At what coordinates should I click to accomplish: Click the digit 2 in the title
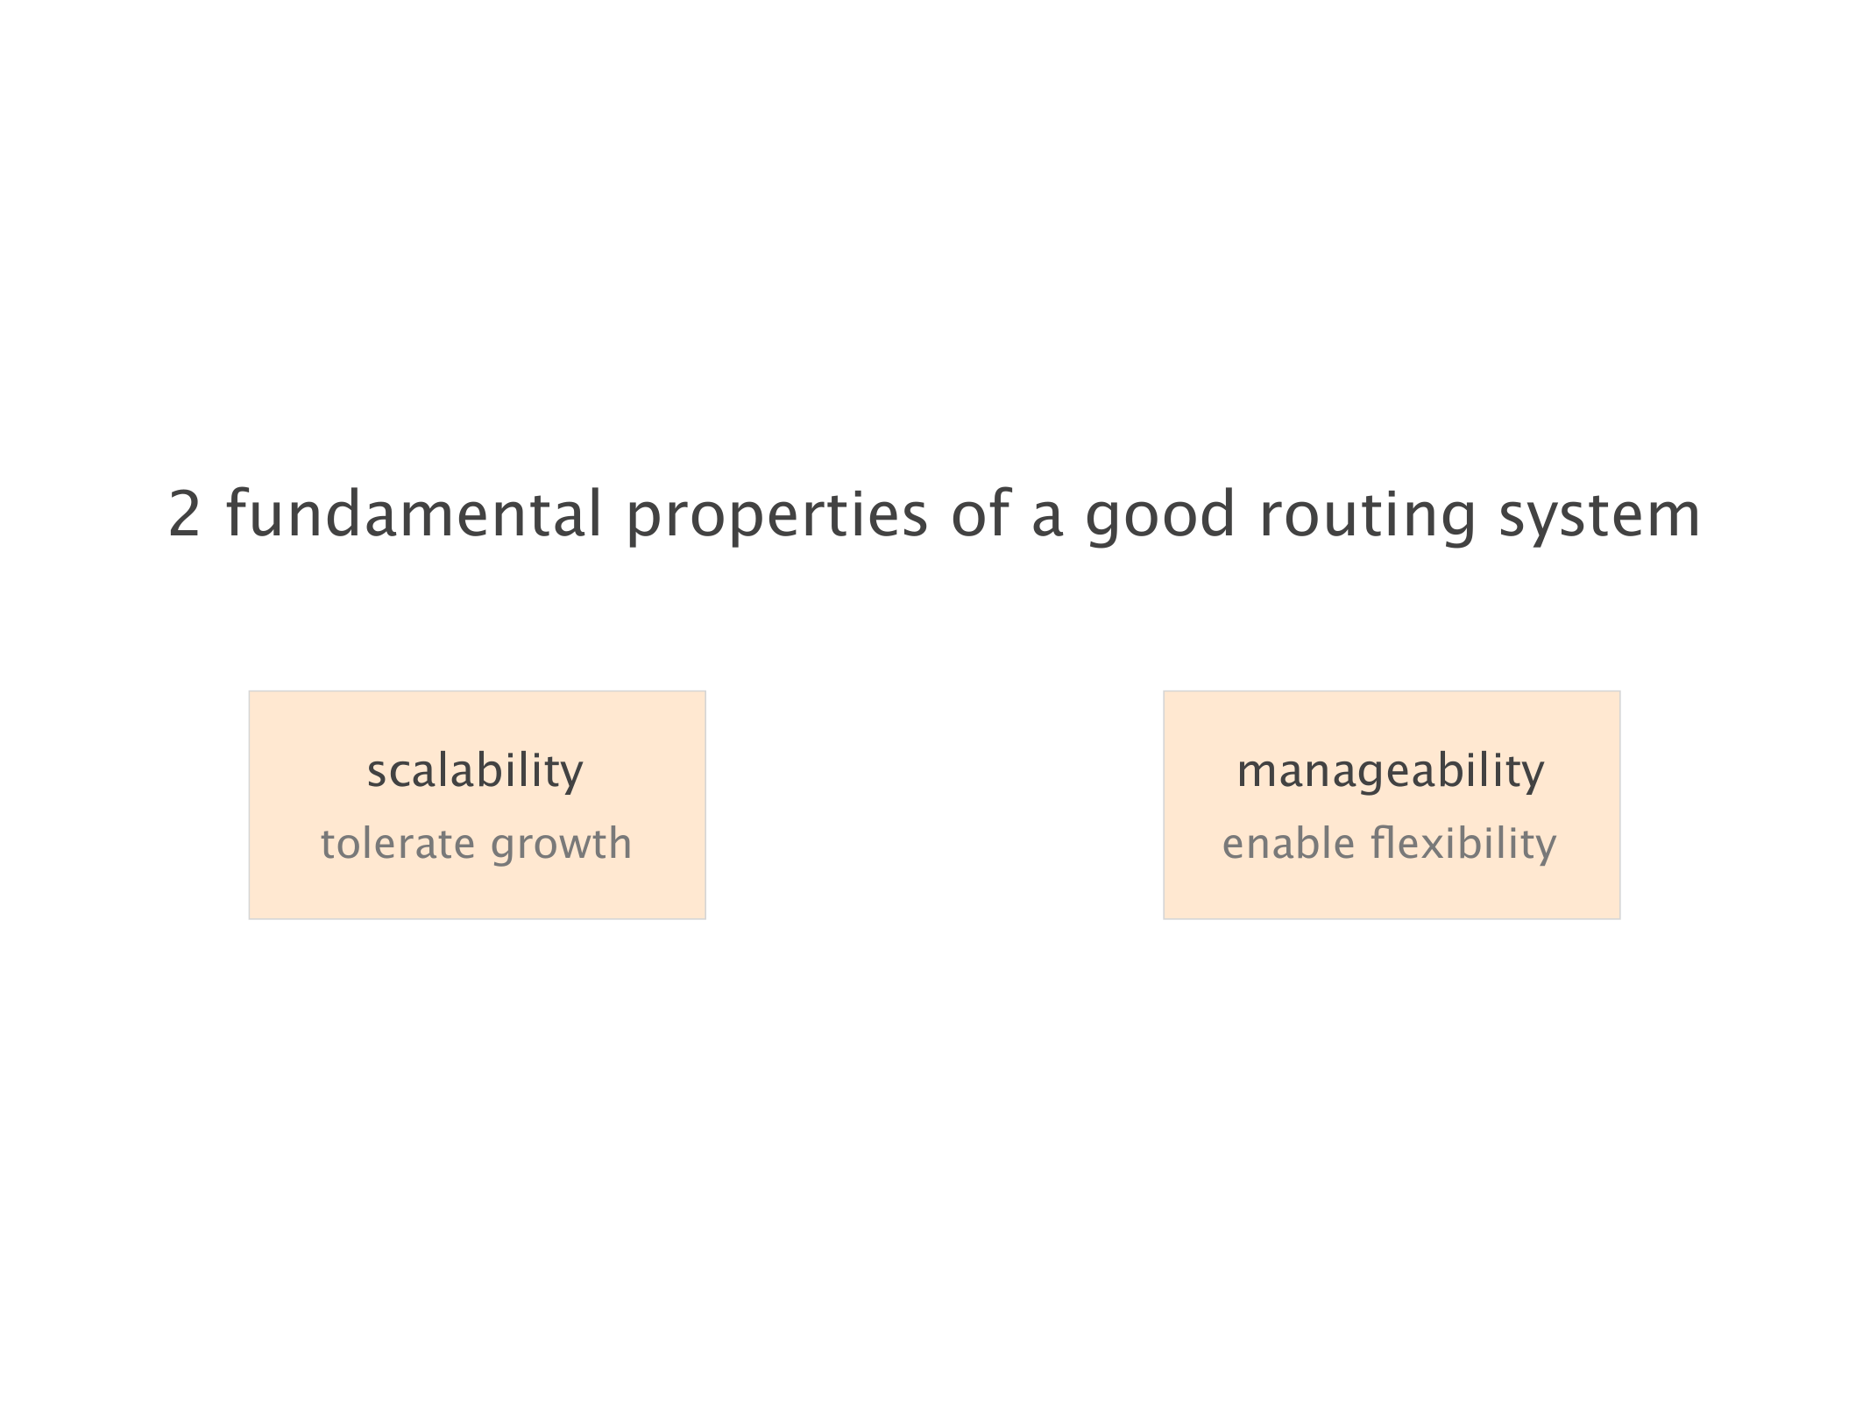(x=185, y=513)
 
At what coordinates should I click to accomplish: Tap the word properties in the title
(x=776, y=517)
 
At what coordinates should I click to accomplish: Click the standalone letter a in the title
(x=1048, y=519)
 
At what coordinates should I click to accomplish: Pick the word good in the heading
(x=1160, y=517)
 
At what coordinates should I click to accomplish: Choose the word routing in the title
(x=1368, y=517)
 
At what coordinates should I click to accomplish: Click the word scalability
(x=475, y=772)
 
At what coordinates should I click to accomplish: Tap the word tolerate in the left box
(x=398, y=843)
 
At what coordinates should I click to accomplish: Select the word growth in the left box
(x=561, y=846)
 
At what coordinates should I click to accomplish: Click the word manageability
(x=1391, y=772)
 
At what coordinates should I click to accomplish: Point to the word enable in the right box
(x=1288, y=843)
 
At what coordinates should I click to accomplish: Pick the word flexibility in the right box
(x=1463, y=846)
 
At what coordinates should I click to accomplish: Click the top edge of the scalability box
(x=477, y=691)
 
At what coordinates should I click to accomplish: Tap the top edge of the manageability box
(x=1392, y=691)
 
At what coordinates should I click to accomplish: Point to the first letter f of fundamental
(x=239, y=512)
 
